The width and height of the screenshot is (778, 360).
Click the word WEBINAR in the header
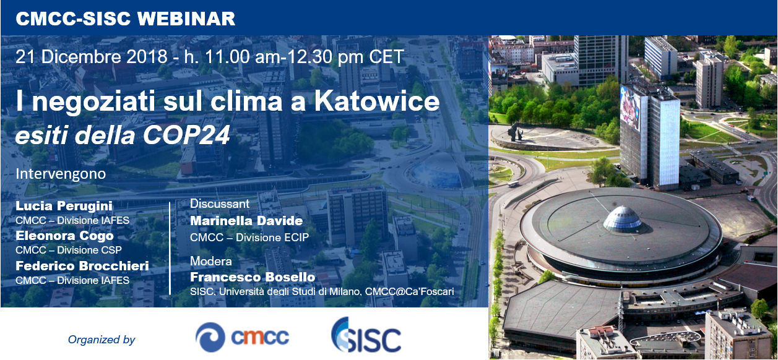pyautogui.click(x=186, y=19)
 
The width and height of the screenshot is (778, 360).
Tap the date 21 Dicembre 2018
pyautogui.click(x=92, y=56)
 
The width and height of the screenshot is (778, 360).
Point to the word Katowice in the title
pyautogui.click(x=377, y=101)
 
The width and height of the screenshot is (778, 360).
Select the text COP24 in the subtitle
pyautogui.click(x=186, y=135)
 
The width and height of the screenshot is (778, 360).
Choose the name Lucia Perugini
pyautogui.click(x=64, y=206)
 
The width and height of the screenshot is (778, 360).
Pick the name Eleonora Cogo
pyautogui.click(x=64, y=236)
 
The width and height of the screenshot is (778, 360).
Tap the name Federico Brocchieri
pyautogui.click(x=82, y=266)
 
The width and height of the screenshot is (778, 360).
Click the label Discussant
pyautogui.click(x=220, y=204)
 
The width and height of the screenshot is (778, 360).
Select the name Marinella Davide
pyautogui.click(x=246, y=221)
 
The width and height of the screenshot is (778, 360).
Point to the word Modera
pyautogui.click(x=211, y=261)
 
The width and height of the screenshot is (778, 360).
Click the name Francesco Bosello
pyautogui.click(x=253, y=277)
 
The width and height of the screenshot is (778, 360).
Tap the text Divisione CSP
pyautogui.click(x=89, y=250)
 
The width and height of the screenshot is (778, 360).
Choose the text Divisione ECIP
pyautogui.click(x=272, y=238)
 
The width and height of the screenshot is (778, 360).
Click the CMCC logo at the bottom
pyautogui.click(x=242, y=337)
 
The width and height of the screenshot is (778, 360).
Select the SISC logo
pyautogui.click(x=366, y=335)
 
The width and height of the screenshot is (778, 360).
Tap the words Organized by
pyautogui.click(x=102, y=340)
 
